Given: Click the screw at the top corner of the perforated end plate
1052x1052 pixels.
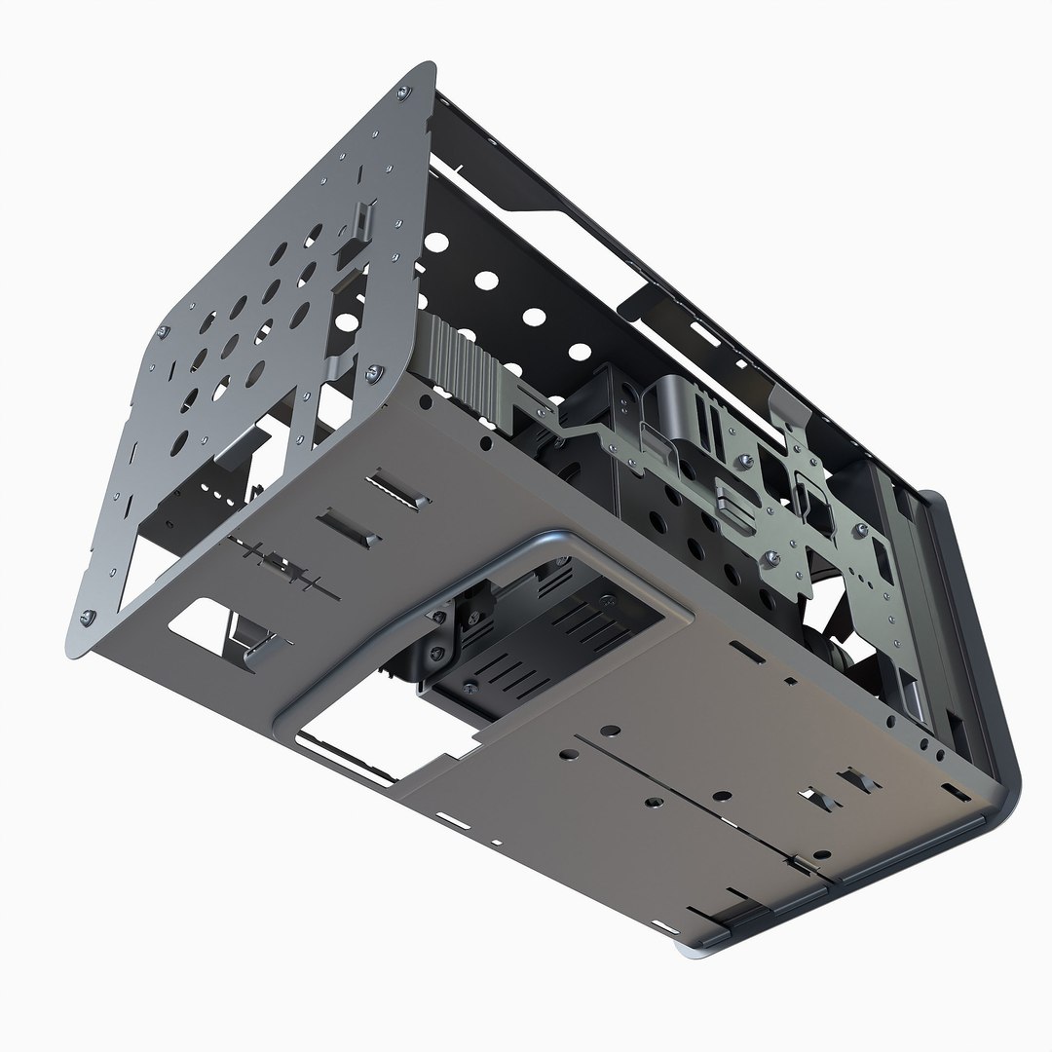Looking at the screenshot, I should point(403,93).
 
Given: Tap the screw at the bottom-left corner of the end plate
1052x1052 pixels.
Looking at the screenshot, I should point(87,616).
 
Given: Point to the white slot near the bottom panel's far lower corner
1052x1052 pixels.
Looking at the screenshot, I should point(665,924).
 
